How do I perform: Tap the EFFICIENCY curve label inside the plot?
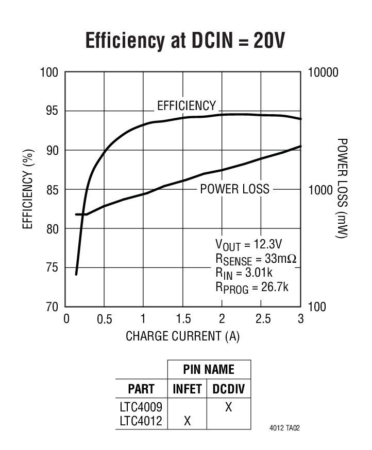[x=186, y=106]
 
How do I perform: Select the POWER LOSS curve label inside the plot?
[x=234, y=189]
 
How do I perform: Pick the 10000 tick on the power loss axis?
[x=323, y=72]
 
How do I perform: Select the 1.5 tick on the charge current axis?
[x=183, y=319]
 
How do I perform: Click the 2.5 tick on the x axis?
[x=261, y=319]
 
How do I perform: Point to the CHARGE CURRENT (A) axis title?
[x=183, y=336]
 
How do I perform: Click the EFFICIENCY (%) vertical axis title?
[x=29, y=189]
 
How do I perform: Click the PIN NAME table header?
[x=209, y=369]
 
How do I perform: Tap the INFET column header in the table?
[x=187, y=388]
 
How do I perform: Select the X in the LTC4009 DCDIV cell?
[x=228, y=407]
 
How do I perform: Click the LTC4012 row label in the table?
[x=141, y=421]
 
